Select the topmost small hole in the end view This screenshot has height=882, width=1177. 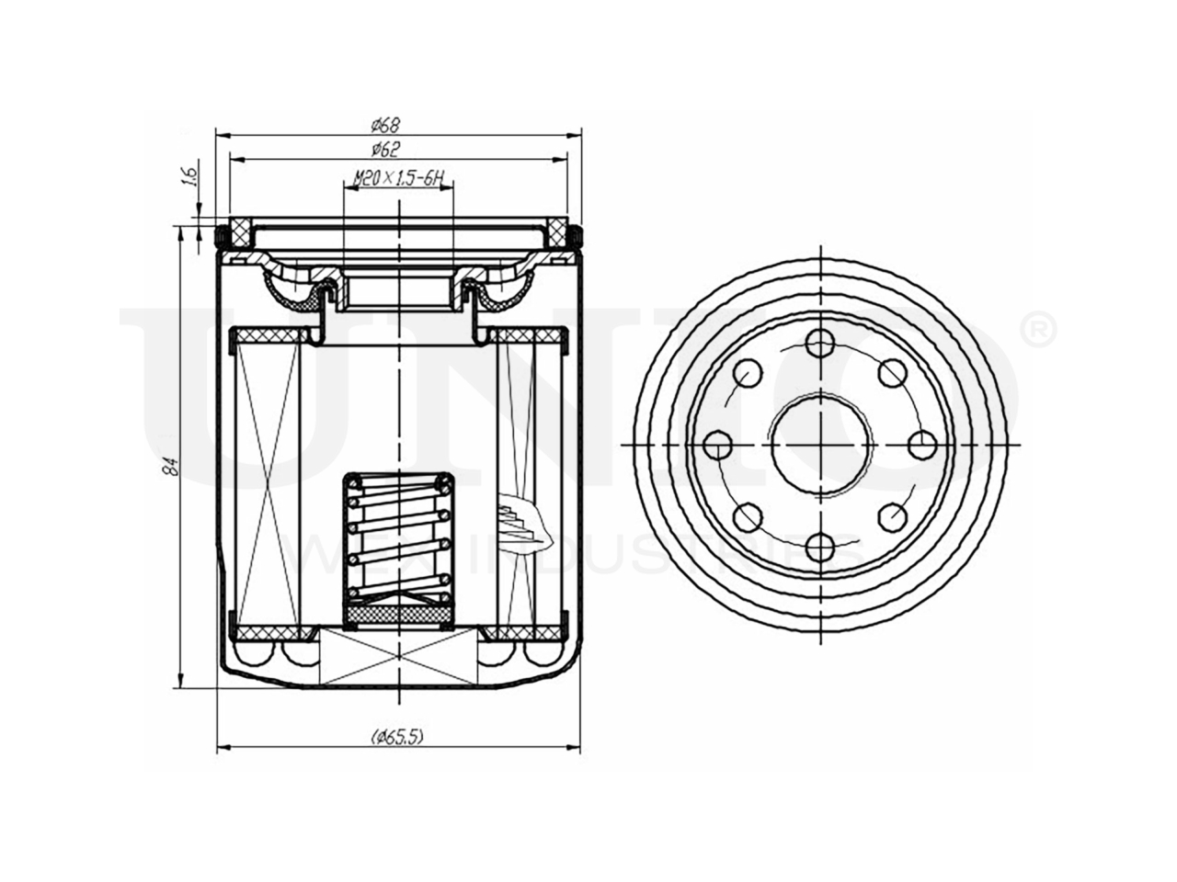tap(817, 345)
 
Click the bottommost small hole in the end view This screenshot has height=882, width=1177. tap(817, 548)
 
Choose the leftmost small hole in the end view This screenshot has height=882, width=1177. tap(716, 447)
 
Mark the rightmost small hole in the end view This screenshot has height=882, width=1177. tap(921, 446)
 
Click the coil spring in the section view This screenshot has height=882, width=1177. tap(397, 537)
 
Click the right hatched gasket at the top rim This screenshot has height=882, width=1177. tap(557, 232)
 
